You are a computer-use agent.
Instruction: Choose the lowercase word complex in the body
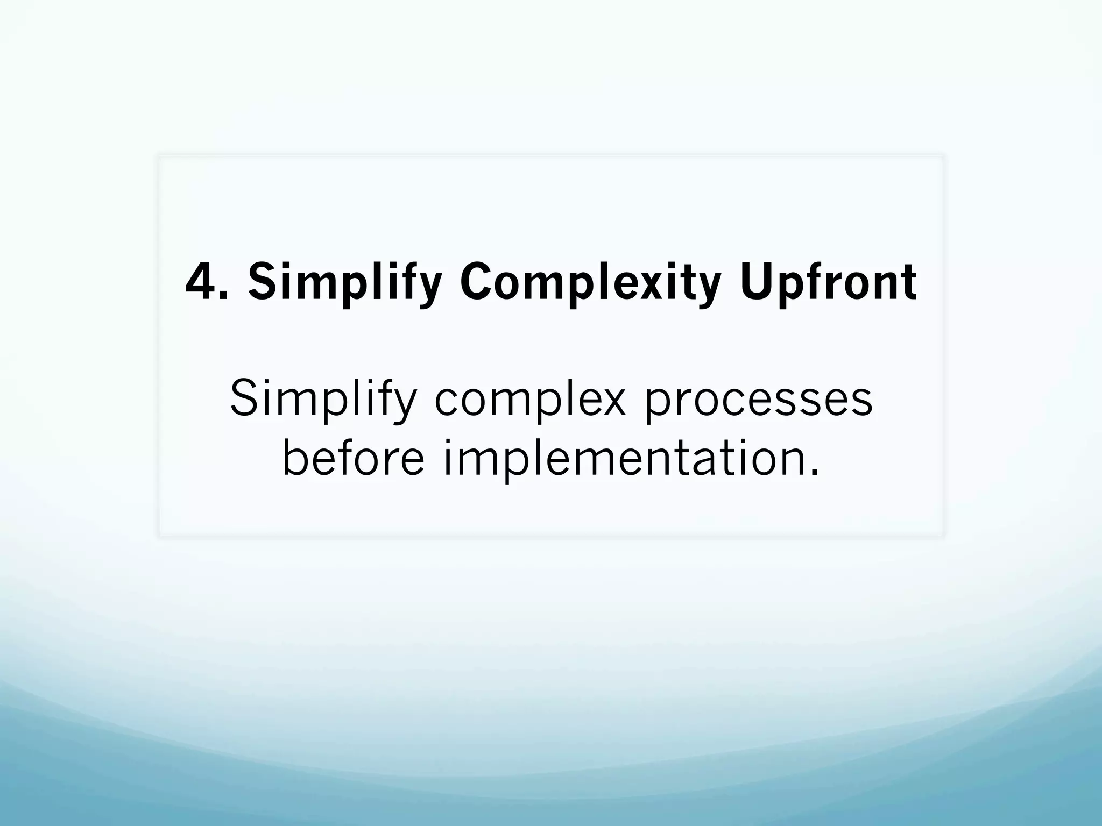point(530,399)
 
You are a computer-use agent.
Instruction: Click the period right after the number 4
point(224,295)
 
